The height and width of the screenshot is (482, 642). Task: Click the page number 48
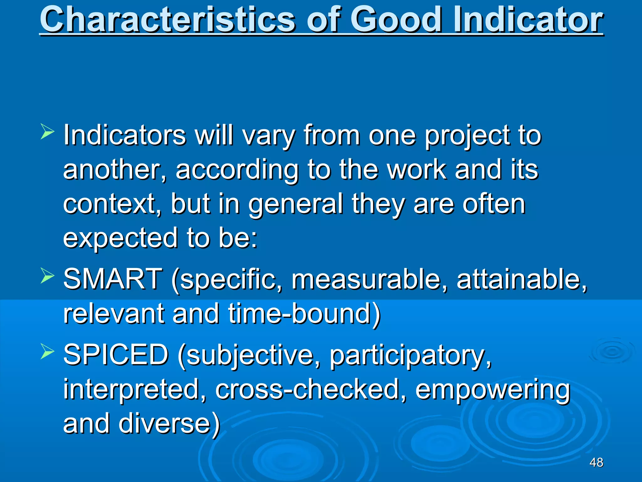[596, 462]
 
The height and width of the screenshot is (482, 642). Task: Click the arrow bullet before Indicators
[47, 131]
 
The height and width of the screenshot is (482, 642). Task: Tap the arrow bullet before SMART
[47, 276]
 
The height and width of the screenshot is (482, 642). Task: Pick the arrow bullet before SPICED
[47, 351]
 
